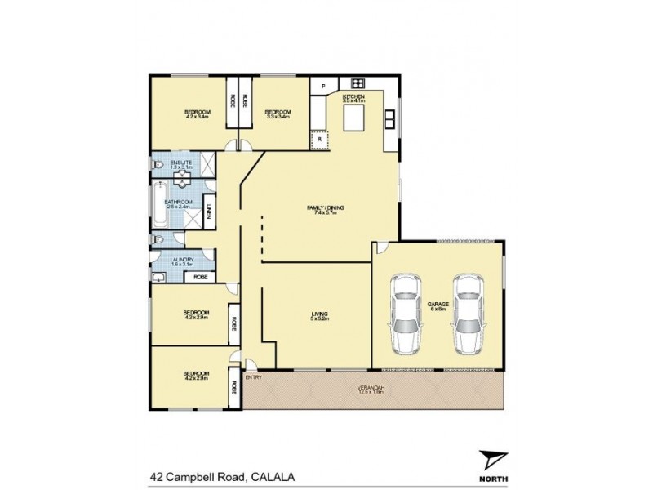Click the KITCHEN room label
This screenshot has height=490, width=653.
tap(353, 97)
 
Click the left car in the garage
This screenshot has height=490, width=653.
tap(404, 313)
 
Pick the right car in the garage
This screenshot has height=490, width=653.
tap(469, 313)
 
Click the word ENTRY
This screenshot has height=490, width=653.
tap(253, 377)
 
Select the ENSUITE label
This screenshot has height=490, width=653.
tap(181, 163)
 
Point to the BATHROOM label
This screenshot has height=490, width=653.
tap(178, 202)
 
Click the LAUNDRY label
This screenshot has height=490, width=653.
tap(182, 260)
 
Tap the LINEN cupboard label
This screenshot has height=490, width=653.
tap(209, 211)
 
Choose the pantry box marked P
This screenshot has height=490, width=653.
tap(323, 86)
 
